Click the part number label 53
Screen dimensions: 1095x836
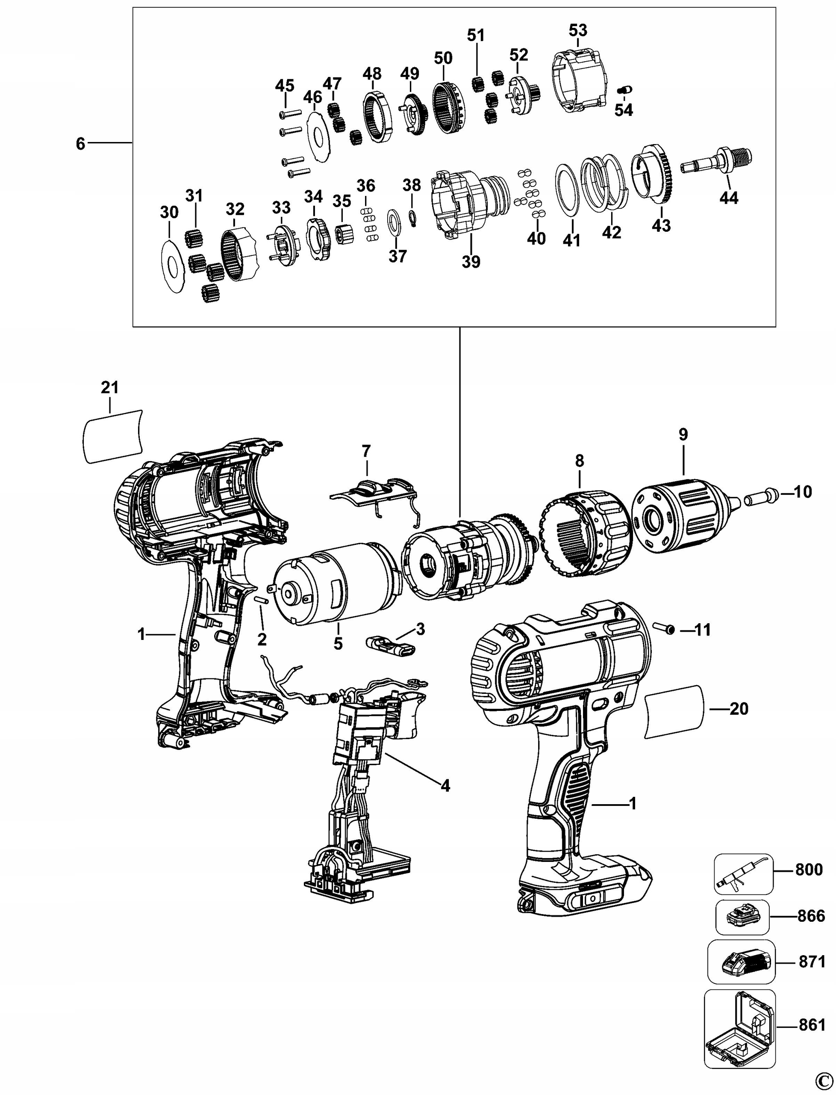click(x=578, y=30)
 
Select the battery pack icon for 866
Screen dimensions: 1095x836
click(x=742, y=916)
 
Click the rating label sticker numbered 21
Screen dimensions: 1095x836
click(x=112, y=436)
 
